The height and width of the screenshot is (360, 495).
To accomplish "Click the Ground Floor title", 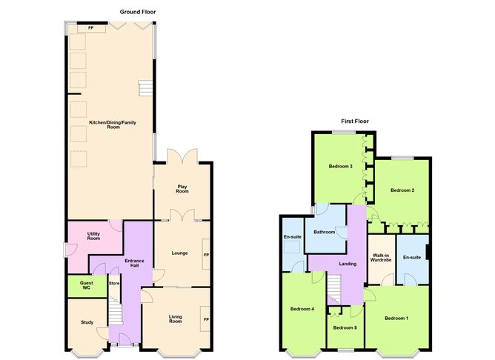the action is click(x=138, y=12).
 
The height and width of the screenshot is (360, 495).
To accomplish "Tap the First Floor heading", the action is click(x=355, y=121).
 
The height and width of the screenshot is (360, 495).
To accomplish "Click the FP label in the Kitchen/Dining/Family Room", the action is click(x=91, y=28).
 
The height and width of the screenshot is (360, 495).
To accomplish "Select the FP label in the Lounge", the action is click(x=206, y=255).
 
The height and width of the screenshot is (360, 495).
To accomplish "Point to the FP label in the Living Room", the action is click(x=206, y=319).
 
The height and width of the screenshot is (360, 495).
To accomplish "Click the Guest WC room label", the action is click(x=87, y=285).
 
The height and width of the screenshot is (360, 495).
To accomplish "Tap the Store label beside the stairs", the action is click(x=114, y=283).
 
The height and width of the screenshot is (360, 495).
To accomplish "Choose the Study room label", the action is click(x=87, y=322).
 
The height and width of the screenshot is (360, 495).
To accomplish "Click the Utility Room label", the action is click(x=93, y=236).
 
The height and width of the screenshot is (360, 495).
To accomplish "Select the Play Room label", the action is click(x=182, y=189).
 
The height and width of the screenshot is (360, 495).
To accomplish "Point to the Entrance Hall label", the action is click(x=134, y=263).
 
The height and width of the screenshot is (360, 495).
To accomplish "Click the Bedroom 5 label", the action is click(x=345, y=328).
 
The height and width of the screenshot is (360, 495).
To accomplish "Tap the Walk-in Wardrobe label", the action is click(x=381, y=258).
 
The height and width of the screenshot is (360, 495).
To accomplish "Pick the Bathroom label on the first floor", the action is click(x=325, y=232).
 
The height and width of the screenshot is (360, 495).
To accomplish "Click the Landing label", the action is click(x=348, y=264).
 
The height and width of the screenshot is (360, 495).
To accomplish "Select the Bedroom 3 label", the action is click(x=341, y=166).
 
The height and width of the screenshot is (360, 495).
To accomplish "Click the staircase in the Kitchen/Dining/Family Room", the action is click(x=145, y=88).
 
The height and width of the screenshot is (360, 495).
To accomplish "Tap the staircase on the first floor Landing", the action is click(x=334, y=290).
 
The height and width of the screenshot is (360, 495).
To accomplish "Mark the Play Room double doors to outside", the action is click(x=182, y=156).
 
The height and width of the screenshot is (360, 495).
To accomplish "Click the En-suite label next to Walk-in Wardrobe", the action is click(x=412, y=258).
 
